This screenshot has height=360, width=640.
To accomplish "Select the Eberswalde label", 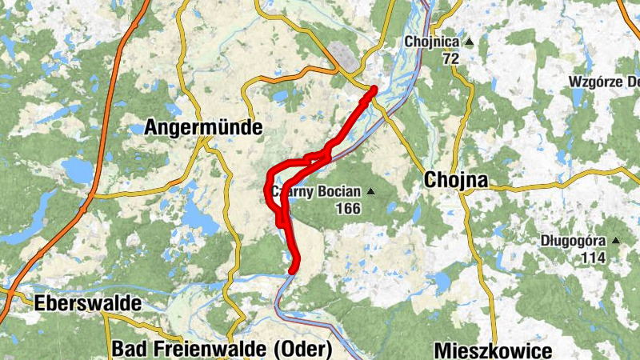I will (87, 303).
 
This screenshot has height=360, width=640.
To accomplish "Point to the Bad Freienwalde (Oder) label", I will (222, 349).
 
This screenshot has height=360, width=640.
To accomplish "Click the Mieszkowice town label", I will (493, 350).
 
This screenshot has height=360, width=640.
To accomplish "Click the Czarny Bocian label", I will (316, 192).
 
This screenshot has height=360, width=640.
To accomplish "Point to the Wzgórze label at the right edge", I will (604, 82).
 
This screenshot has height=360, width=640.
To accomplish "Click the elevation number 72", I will (450, 58).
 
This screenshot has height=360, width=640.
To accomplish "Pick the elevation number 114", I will (594, 257).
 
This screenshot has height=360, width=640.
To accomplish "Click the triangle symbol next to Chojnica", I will (470, 42).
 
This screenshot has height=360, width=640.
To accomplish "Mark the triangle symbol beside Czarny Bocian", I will (370, 192).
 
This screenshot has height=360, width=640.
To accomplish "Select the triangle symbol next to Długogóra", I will (615, 240).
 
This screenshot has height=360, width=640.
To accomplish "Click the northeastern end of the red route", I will (374, 89).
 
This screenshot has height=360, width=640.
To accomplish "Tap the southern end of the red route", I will (293, 270).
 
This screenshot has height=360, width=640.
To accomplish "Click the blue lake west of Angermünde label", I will (77, 170).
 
